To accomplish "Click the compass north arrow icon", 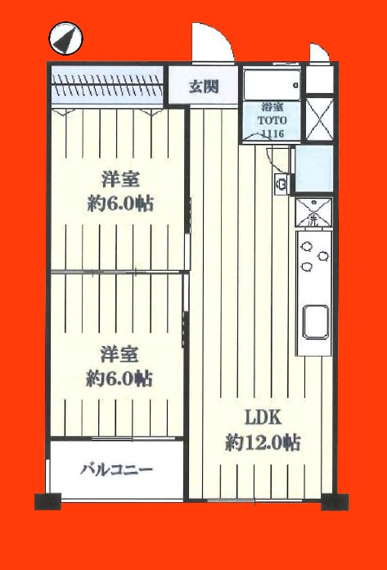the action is pos(65,38).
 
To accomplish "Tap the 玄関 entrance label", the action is pos(204,87).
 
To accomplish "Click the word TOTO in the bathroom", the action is pos(272,120).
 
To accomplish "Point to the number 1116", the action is pos(272,133).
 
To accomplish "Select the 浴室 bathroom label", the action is pos(272,107).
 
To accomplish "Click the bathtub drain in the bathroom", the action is pos(296,85).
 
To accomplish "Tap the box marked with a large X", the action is pos(319,119).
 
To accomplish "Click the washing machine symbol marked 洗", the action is pos(313,212).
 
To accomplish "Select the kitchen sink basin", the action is pos(316,322).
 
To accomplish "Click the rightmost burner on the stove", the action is pos(322,256).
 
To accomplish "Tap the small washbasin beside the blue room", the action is pos(281,184).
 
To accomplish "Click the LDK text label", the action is pos(263,419).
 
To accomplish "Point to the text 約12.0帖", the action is pos(263,443).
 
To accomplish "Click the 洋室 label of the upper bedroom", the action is pos(120,180).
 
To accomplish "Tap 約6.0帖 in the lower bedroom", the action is pos(119,379).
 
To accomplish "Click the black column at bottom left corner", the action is pos(47,501).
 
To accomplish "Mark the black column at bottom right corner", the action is pos(335,501).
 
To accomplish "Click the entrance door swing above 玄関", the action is pos(213,43).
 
